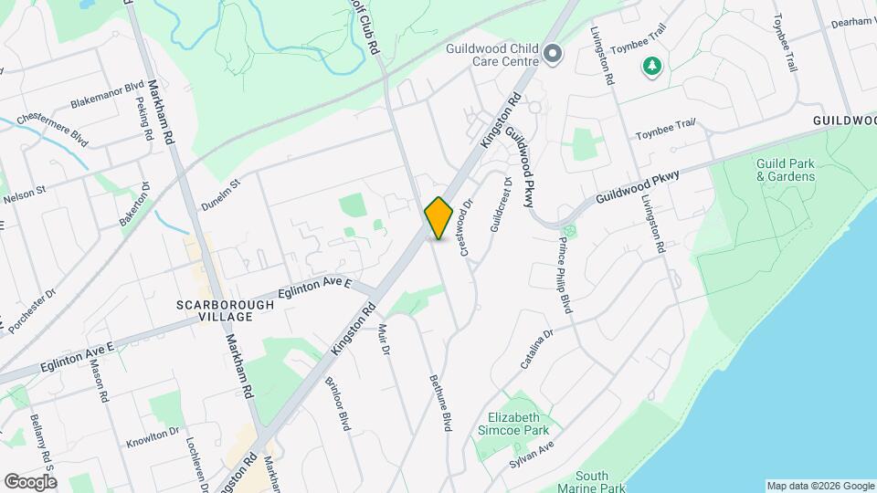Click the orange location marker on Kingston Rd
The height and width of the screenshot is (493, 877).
(438, 218)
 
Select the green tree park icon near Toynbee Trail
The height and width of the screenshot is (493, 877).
(651, 67)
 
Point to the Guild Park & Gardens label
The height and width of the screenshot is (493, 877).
(785, 170)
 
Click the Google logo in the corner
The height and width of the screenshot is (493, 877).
(30, 480)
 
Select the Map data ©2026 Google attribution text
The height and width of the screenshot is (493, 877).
(819, 485)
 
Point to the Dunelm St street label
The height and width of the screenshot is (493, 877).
(220, 195)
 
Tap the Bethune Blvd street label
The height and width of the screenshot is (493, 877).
(441, 403)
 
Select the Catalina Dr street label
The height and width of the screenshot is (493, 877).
(537, 351)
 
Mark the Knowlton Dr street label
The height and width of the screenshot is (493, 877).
(149, 435)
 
